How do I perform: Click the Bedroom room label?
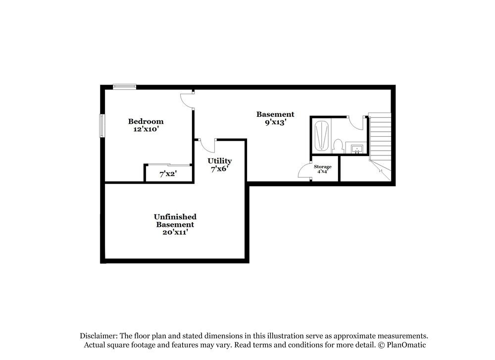[x=146, y=121]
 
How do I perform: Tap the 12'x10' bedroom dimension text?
[x=146, y=129]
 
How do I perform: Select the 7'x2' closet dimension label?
[x=168, y=174]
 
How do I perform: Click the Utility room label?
[x=219, y=161]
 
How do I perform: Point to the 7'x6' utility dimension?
[x=219, y=169]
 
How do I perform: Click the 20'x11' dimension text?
[x=175, y=232]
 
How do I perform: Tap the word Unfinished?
[x=175, y=217]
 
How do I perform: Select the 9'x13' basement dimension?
[x=275, y=122]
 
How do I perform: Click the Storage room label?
[x=322, y=167]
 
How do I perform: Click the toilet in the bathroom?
[x=338, y=146]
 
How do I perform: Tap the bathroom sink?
[x=356, y=148]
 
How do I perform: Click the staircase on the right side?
[x=380, y=139]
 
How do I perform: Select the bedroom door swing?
[x=187, y=100]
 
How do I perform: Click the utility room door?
[x=206, y=146]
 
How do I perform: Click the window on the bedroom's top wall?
[x=124, y=87]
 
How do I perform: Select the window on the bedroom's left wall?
[x=102, y=126]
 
